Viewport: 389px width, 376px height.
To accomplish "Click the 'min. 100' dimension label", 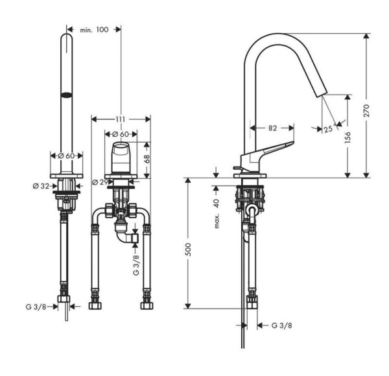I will point(94,30).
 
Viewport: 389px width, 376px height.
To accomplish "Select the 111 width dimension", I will point(121,119).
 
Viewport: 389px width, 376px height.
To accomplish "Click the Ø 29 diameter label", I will point(99,182).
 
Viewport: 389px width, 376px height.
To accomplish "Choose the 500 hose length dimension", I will point(189,251).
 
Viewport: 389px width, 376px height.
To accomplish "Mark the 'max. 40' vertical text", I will point(218,213).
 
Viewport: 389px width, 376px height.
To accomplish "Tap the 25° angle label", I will point(328,129).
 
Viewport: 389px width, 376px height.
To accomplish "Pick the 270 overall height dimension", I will point(367,110).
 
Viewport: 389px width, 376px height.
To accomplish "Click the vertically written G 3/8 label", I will point(136,264).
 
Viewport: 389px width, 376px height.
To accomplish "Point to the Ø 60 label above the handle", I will point(121,134).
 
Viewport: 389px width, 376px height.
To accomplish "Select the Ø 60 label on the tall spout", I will point(67,155).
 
